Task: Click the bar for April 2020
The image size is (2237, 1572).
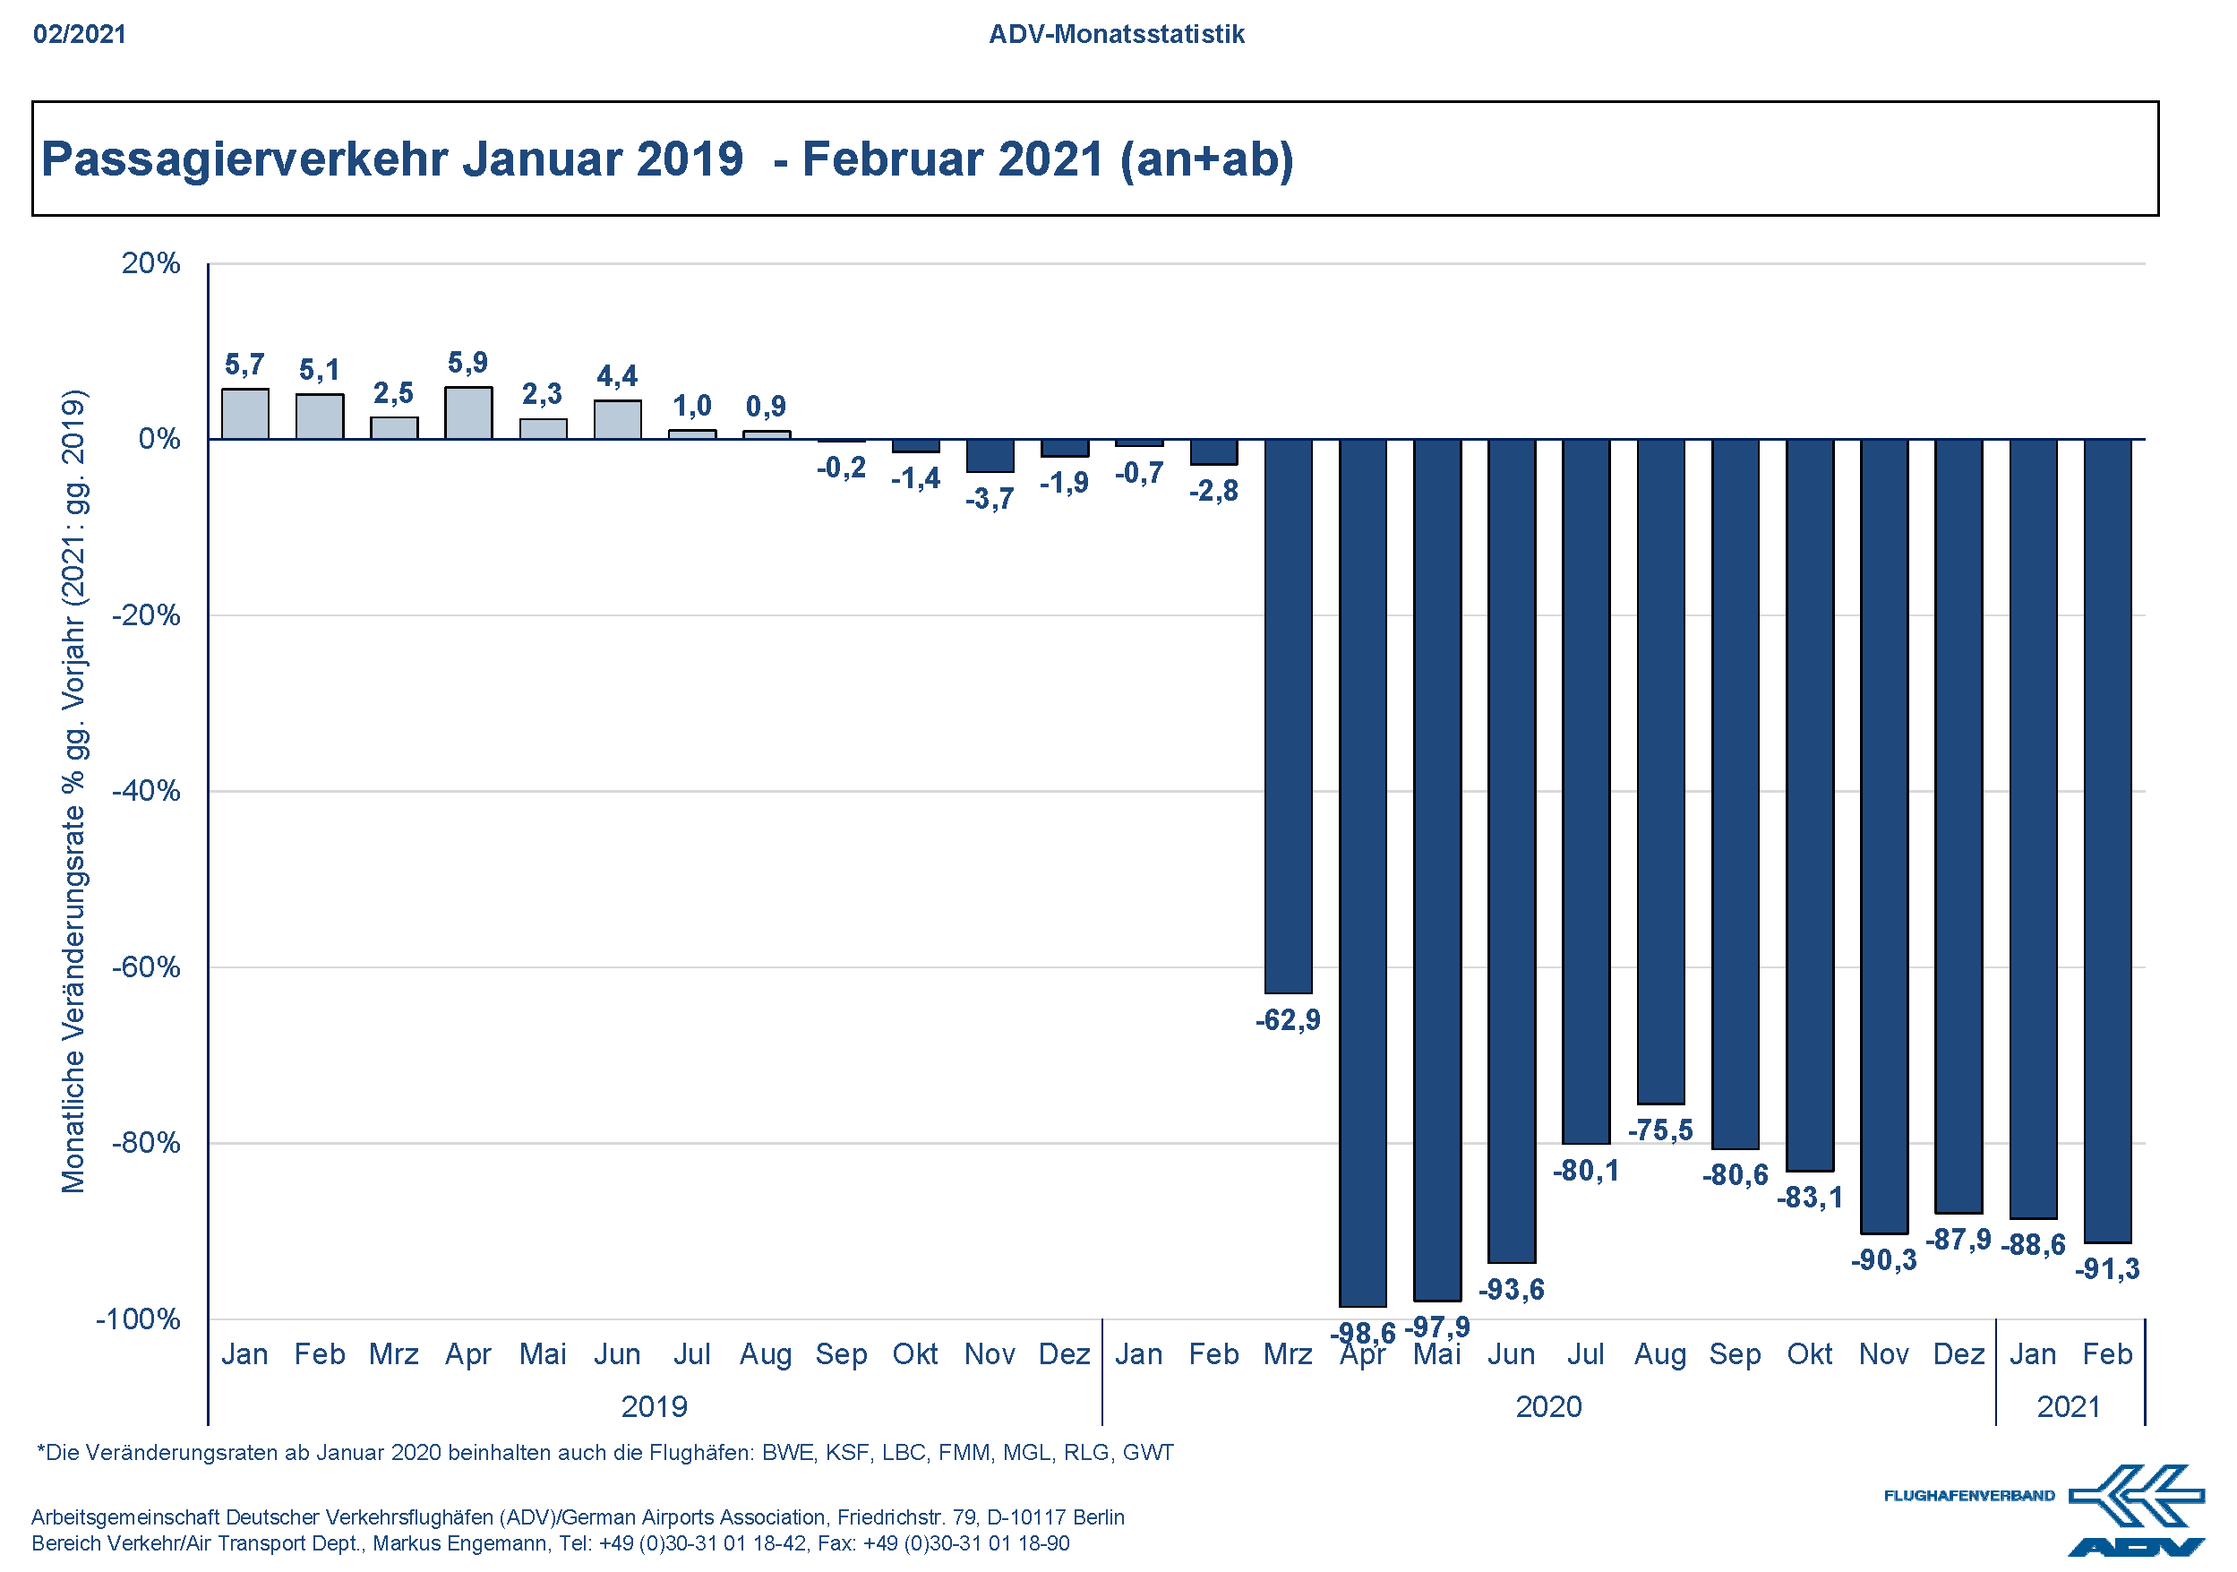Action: pyautogui.click(x=1362, y=872)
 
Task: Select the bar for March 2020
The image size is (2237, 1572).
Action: pyautogui.click(x=1288, y=717)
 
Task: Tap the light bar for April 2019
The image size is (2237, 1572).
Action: pyautogui.click(x=468, y=413)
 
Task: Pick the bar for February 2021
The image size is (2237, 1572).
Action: pyautogui.click(x=2107, y=840)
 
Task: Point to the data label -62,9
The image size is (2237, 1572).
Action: pyautogui.click(x=1288, y=1020)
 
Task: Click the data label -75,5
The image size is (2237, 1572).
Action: pyautogui.click(x=1660, y=1130)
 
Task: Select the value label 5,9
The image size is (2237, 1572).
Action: pyautogui.click(x=467, y=363)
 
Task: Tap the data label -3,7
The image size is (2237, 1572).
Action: pyautogui.click(x=989, y=499)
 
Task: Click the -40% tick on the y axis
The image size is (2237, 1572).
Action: pyautogui.click(x=146, y=790)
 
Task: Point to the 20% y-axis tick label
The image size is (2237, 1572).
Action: pyautogui.click(x=151, y=263)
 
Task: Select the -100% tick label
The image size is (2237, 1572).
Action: pyautogui.click(x=138, y=1319)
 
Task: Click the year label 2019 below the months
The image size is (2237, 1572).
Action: pyautogui.click(x=654, y=1407)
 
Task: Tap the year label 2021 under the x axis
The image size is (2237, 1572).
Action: pyautogui.click(x=2069, y=1407)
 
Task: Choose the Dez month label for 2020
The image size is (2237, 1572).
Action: pyautogui.click(x=1958, y=1354)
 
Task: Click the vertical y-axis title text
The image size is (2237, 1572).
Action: pyautogui.click(x=74, y=790)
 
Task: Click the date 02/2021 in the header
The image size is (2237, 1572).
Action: pyautogui.click(x=80, y=34)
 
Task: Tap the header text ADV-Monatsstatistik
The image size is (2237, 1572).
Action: pyautogui.click(x=1117, y=34)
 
